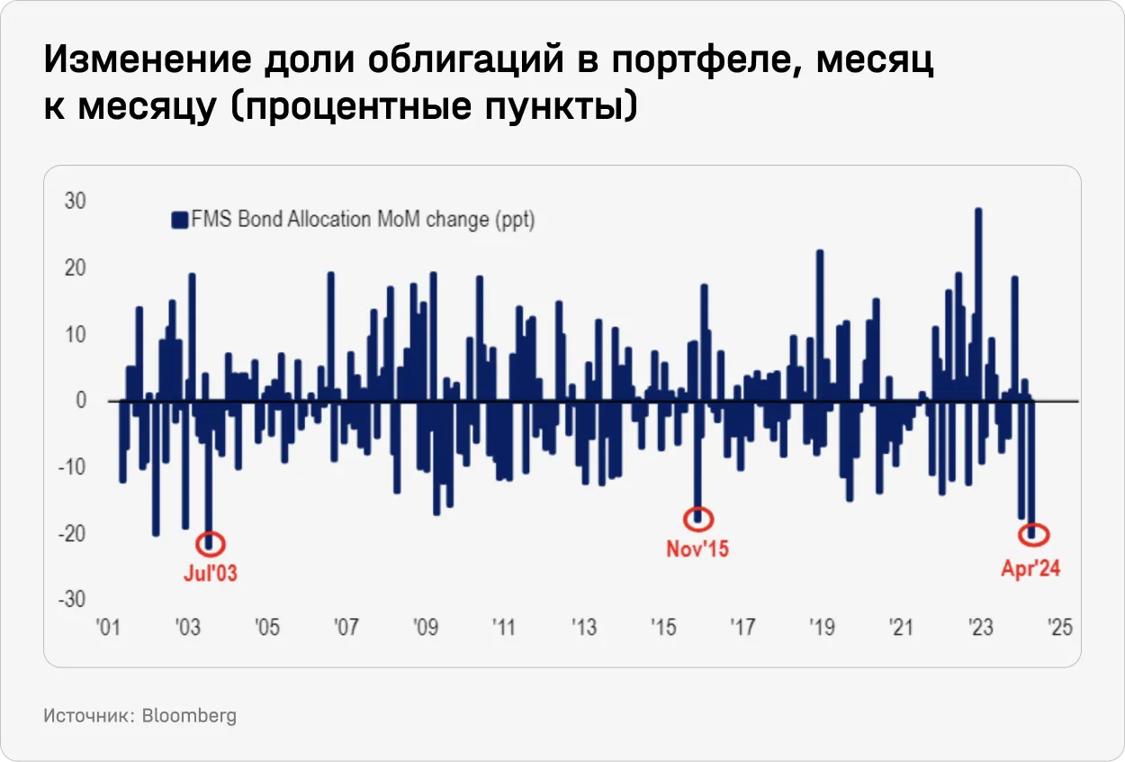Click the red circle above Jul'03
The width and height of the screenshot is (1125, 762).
coord(210,543)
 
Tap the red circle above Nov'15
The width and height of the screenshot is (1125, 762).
coord(698,518)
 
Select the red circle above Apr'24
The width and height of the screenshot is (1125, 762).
coord(1032,534)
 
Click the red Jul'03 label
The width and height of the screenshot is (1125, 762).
coord(210,573)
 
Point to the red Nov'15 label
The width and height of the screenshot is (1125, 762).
coord(697,548)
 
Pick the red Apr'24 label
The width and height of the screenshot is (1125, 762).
coord(1030,569)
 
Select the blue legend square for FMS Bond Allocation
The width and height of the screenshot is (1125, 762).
coord(178,220)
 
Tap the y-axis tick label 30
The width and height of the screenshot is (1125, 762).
coord(75,201)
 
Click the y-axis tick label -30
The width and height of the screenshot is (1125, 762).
coord(72,600)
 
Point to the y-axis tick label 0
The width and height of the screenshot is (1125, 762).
coord(80,400)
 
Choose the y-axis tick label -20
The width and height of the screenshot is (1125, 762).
coord(72,533)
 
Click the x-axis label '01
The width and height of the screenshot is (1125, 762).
coord(109,627)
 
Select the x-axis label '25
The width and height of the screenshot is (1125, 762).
coord(1059,627)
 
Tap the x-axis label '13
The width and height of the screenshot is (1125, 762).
coord(583,627)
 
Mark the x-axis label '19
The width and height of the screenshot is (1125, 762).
coord(821,627)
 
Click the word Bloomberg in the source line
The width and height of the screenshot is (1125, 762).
coord(189,716)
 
